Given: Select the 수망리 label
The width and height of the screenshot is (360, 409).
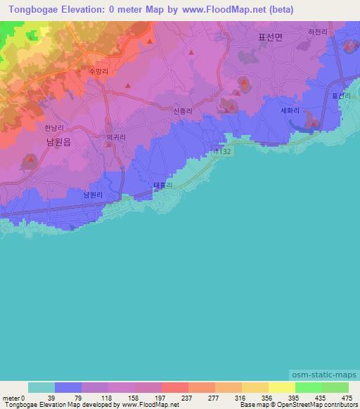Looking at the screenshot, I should pos(98,72).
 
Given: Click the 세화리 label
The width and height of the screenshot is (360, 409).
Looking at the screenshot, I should pos(290,110).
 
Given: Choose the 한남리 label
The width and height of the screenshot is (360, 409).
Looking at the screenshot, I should pos(54,128).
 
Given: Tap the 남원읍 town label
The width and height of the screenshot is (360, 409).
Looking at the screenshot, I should pos(58,141).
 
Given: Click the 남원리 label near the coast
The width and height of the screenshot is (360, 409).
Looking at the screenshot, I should pos(94,195).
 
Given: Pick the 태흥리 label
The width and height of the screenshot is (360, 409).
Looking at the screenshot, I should pos(164,186).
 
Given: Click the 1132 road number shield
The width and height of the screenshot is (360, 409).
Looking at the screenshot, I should pos(223,150).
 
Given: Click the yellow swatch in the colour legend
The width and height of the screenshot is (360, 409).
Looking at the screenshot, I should pos(255,387).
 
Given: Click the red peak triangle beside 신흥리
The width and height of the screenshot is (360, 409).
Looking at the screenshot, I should pos(228,108).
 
